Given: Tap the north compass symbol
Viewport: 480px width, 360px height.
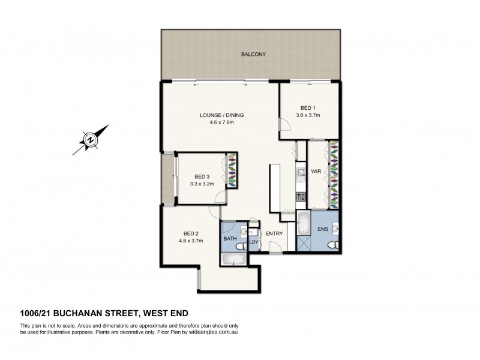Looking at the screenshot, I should pyautogui.click(x=90, y=139).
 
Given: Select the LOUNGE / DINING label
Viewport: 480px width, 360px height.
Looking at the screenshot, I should pyautogui.click(x=221, y=115).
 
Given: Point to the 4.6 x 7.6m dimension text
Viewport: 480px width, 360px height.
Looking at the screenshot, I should pyautogui.click(x=221, y=123).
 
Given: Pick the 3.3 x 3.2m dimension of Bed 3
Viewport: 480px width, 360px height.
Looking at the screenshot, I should pyautogui.click(x=202, y=184).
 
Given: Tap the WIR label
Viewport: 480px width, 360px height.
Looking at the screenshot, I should pyautogui.click(x=316, y=172).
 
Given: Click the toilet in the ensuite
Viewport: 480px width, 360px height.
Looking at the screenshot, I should pyautogui.click(x=335, y=245).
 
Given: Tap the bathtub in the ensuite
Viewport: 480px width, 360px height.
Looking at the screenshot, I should pyautogui.click(x=304, y=222).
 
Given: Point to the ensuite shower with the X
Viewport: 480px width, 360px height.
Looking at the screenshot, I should pyautogui.click(x=305, y=242).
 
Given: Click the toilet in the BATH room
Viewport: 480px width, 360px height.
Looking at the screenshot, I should pyautogui.click(x=240, y=246).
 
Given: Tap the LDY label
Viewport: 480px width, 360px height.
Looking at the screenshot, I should pyautogui.click(x=253, y=242).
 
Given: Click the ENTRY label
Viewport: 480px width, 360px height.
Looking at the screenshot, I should pyautogui.click(x=274, y=233).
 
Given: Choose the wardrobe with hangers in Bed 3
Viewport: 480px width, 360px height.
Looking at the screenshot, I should pyautogui.click(x=232, y=170).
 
